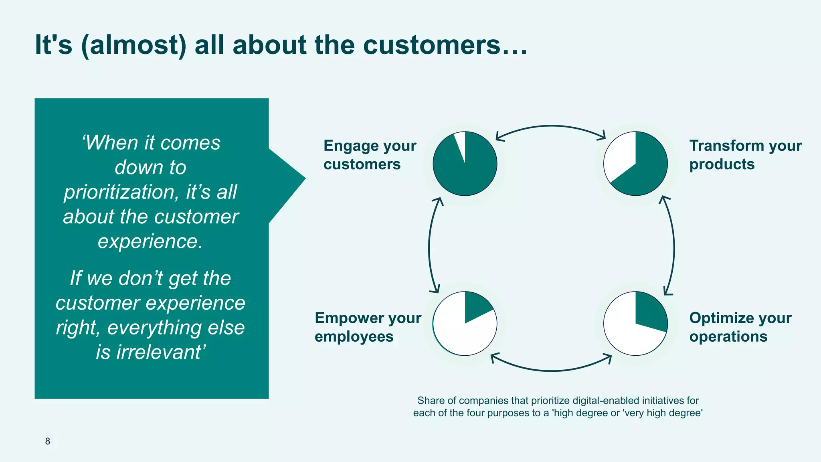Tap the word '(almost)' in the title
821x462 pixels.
[133, 45]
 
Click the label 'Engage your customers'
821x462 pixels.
[370, 155]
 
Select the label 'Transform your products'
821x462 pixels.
[745, 155]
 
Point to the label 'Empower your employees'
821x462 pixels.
[368, 327]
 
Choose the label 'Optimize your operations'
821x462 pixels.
[740, 327]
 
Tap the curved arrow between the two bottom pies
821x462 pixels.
[551, 370]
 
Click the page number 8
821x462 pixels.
[48, 441]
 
